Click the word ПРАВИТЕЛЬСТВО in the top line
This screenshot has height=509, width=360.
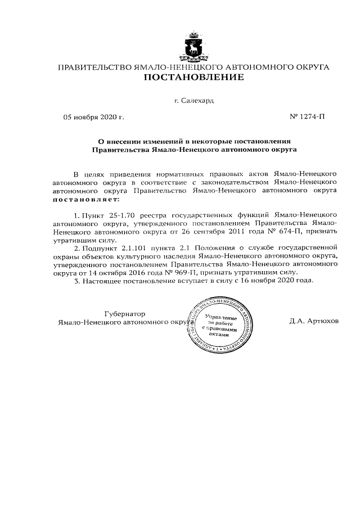pos(95,67)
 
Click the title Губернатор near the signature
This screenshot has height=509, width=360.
pos(125,313)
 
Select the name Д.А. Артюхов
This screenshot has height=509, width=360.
pos(314,322)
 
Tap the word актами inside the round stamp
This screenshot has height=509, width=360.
pos(219,334)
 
